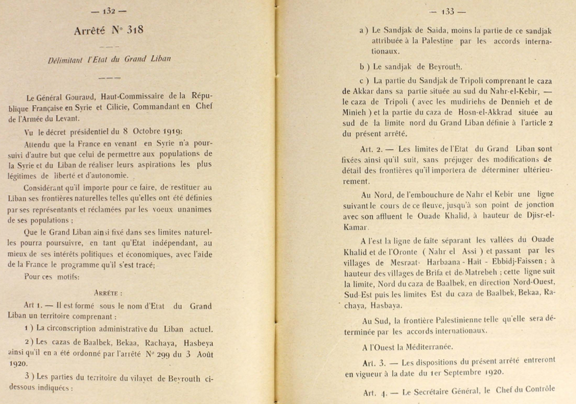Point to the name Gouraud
tap(91, 97)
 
